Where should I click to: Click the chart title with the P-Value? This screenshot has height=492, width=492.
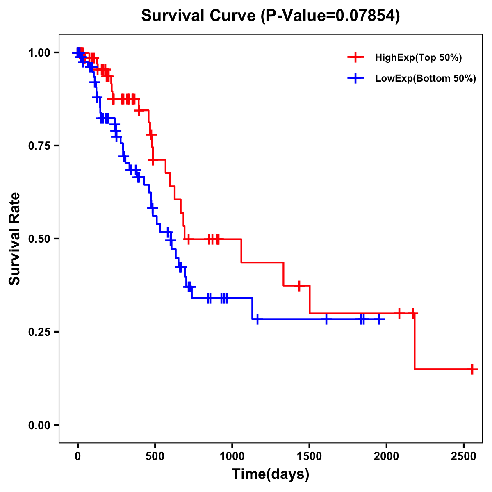pyautogui.click(x=270, y=16)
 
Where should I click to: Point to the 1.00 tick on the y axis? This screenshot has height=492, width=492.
pyautogui.click(x=39, y=53)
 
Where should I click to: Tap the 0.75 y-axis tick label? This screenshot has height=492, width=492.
pyautogui.click(x=39, y=146)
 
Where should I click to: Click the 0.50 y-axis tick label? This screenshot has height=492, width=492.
pyautogui.click(x=39, y=239)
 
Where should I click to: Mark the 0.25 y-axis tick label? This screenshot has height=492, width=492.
pyautogui.click(x=39, y=332)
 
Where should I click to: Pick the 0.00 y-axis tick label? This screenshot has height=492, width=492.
pyautogui.click(x=39, y=425)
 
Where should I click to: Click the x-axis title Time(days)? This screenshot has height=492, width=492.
pyautogui.click(x=271, y=474)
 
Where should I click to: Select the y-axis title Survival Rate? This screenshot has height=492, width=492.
pyautogui.click(x=15, y=239)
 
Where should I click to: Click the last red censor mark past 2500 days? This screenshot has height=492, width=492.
pyautogui.click(x=472, y=369)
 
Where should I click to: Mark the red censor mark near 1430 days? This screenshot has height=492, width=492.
pyautogui.click(x=299, y=286)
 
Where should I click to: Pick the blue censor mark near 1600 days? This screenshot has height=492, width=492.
pyautogui.click(x=326, y=319)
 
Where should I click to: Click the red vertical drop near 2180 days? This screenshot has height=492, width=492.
pyautogui.click(x=415, y=341)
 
